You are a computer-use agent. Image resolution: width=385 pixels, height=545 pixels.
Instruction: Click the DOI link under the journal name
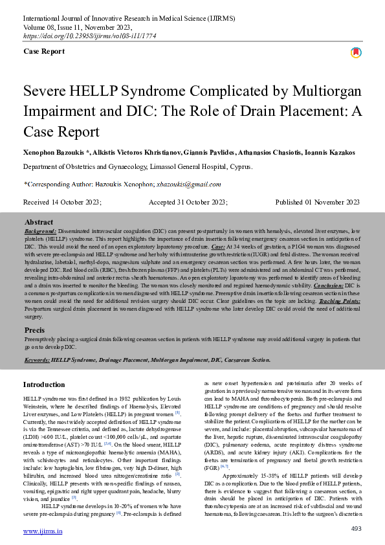tap(81, 36)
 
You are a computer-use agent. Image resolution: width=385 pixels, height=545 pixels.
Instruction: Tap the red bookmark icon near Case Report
tap(355, 52)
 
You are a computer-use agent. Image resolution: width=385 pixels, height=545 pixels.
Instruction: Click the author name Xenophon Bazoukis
tap(55, 152)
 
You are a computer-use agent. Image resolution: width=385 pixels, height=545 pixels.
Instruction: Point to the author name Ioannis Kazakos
tap(334, 152)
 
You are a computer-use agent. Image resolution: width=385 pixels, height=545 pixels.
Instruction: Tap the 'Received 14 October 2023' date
tap(62, 202)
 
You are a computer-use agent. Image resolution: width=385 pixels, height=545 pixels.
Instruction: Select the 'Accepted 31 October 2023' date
tap(188, 202)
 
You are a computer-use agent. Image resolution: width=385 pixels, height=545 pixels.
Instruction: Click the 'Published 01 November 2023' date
tap(317, 202)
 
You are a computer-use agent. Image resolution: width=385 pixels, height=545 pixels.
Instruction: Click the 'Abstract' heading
tap(38, 221)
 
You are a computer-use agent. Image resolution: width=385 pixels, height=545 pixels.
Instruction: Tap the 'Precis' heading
tap(34, 330)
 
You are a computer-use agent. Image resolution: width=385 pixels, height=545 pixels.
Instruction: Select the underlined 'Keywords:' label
tap(37, 359)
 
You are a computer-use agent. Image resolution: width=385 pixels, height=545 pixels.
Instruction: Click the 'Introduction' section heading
tap(44, 384)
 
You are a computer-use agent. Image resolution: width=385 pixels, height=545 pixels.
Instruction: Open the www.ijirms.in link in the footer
tap(43, 531)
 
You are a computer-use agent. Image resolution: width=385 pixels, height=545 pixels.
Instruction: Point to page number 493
tap(355, 529)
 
